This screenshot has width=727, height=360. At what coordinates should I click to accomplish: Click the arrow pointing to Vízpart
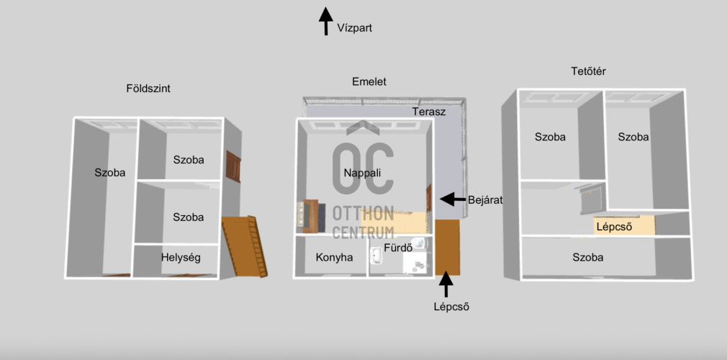click(325, 21)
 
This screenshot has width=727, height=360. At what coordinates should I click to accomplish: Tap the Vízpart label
click(354, 28)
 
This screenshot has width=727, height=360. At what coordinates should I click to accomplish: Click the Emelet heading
click(369, 82)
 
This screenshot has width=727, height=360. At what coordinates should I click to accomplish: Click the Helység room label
click(180, 257)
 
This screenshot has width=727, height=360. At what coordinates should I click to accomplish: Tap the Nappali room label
click(362, 173)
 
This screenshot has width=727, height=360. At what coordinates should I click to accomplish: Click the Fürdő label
click(398, 248)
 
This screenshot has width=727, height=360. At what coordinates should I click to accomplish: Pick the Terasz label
click(429, 112)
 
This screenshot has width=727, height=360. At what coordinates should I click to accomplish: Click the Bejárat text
click(484, 200)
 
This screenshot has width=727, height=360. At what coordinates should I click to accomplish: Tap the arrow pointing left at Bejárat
click(451, 198)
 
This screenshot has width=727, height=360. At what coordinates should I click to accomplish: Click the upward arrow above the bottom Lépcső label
click(446, 284)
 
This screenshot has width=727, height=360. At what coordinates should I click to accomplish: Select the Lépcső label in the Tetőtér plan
click(614, 226)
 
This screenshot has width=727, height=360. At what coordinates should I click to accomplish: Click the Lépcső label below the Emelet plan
click(446, 306)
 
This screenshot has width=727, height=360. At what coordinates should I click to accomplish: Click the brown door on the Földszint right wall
click(233, 166)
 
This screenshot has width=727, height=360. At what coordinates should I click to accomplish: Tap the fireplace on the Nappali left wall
click(307, 215)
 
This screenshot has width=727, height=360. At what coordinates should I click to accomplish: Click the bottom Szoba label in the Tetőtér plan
click(588, 257)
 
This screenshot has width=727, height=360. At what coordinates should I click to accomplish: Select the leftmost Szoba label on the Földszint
click(110, 173)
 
